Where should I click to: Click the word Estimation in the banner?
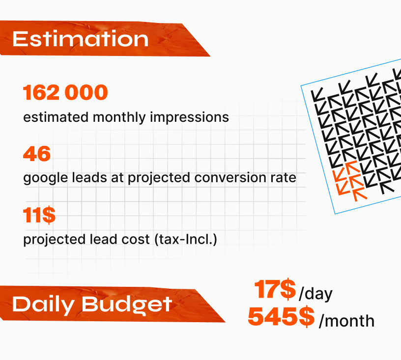(80, 39)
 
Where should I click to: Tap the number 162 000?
(65, 92)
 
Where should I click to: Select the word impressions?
(189, 117)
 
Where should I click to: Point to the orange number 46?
(37, 154)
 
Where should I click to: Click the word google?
(46, 178)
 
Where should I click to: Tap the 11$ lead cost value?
(39, 215)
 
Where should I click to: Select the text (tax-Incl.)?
(186, 239)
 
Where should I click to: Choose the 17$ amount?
(275, 289)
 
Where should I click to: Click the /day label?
(315, 294)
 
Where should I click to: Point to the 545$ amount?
(281, 317)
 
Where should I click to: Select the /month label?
(346, 321)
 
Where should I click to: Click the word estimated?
(56, 117)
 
